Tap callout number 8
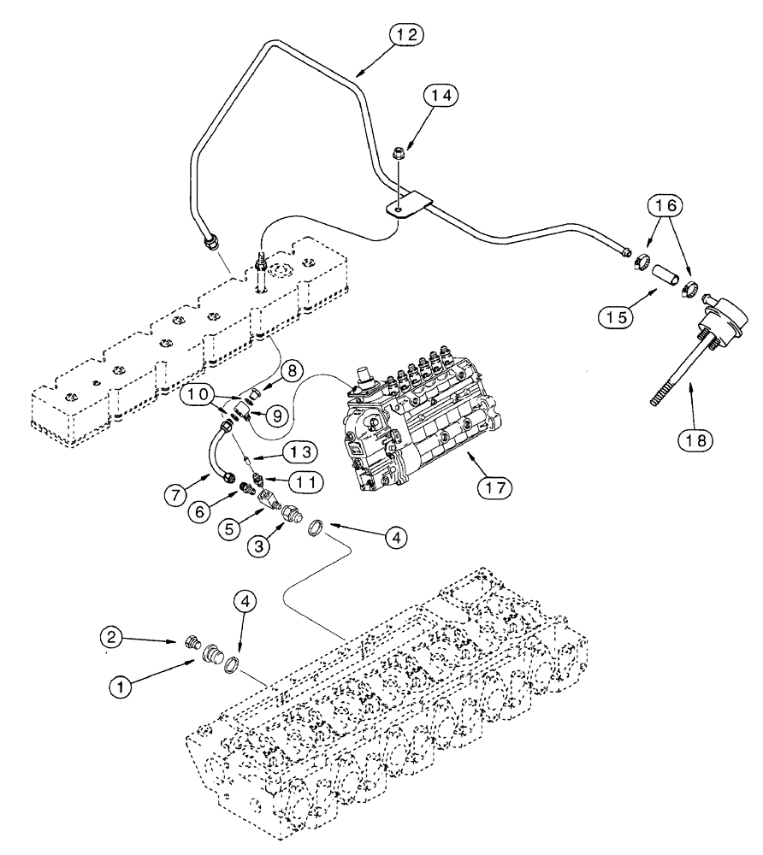pos(291,372)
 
